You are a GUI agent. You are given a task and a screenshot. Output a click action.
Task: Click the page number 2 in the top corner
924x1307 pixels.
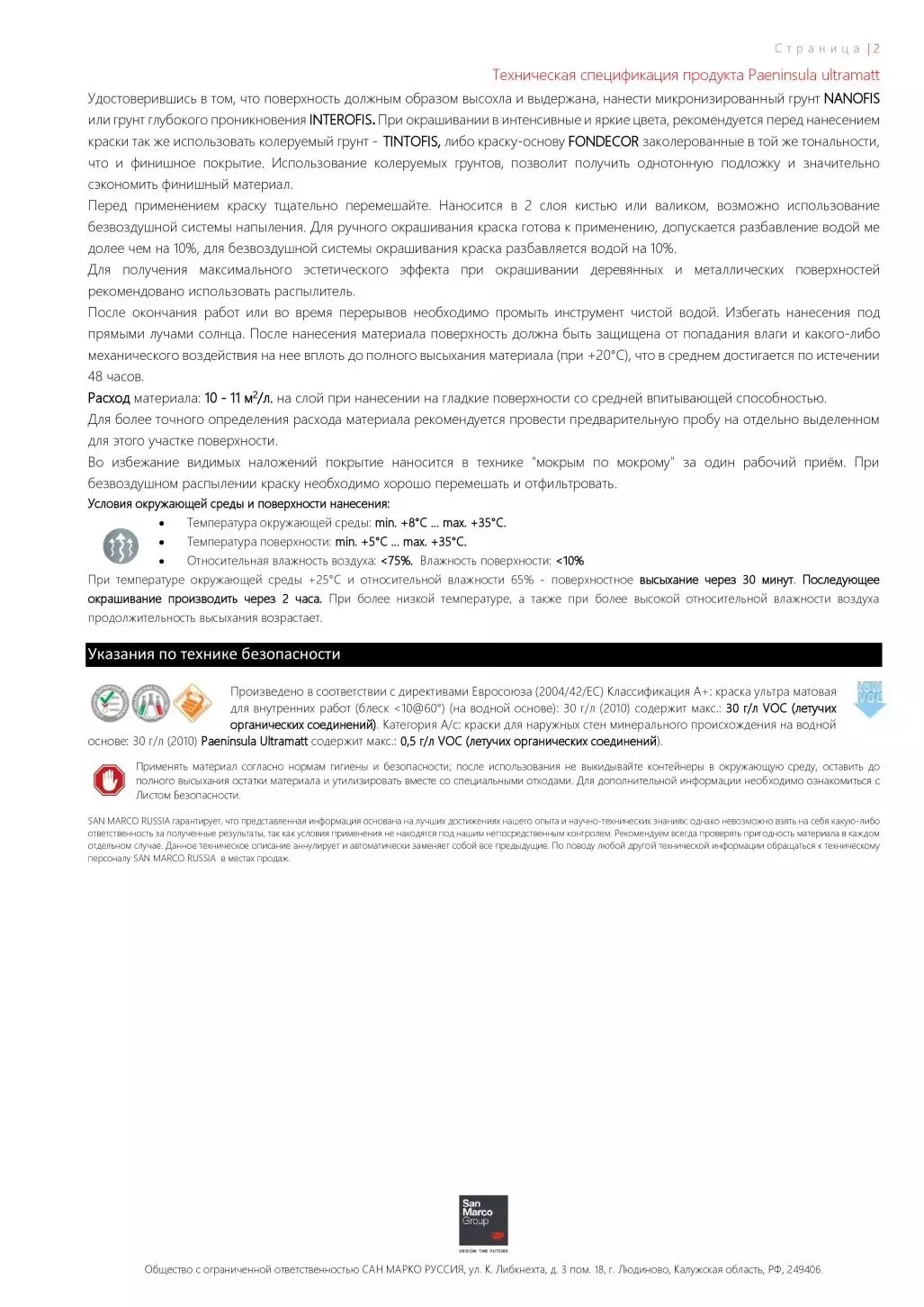click(x=876, y=49)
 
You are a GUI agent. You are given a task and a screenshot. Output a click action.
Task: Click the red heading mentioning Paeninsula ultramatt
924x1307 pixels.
click(x=686, y=75)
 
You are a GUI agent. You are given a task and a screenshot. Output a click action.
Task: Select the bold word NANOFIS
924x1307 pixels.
click(x=851, y=98)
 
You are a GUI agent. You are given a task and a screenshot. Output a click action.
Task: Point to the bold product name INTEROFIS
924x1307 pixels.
click(x=342, y=120)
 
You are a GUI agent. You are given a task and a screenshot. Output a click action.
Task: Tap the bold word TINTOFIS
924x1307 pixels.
click(x=411, y=141)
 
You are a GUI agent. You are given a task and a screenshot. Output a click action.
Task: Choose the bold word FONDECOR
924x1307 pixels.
click(x=603, y=141)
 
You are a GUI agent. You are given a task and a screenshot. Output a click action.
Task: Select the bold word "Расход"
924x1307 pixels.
click(x=109, y=398)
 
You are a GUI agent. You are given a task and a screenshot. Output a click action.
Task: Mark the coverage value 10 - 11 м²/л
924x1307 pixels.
click(x=238, y=398)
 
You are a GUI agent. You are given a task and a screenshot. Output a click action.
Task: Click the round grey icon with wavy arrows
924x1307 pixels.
click(x=121, y=545)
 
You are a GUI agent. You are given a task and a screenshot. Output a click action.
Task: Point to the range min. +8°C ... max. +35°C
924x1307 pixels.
click(x=440, y=523)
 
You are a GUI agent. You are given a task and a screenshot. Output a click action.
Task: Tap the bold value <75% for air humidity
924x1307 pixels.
click(x=397, y=561)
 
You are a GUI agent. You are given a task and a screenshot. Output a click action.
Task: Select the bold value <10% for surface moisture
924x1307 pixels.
click(x=570, y=561)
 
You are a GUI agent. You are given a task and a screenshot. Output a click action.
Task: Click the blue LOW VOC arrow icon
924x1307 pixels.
click(x=869, y=699)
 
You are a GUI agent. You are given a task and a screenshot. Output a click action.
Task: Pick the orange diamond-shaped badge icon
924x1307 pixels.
click(x=193, y=703)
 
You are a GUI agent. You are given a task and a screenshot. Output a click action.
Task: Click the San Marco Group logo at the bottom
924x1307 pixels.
click(x=483, y=1221)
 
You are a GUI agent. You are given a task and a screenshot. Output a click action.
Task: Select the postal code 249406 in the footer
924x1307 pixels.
click(x=803, y=1270)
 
